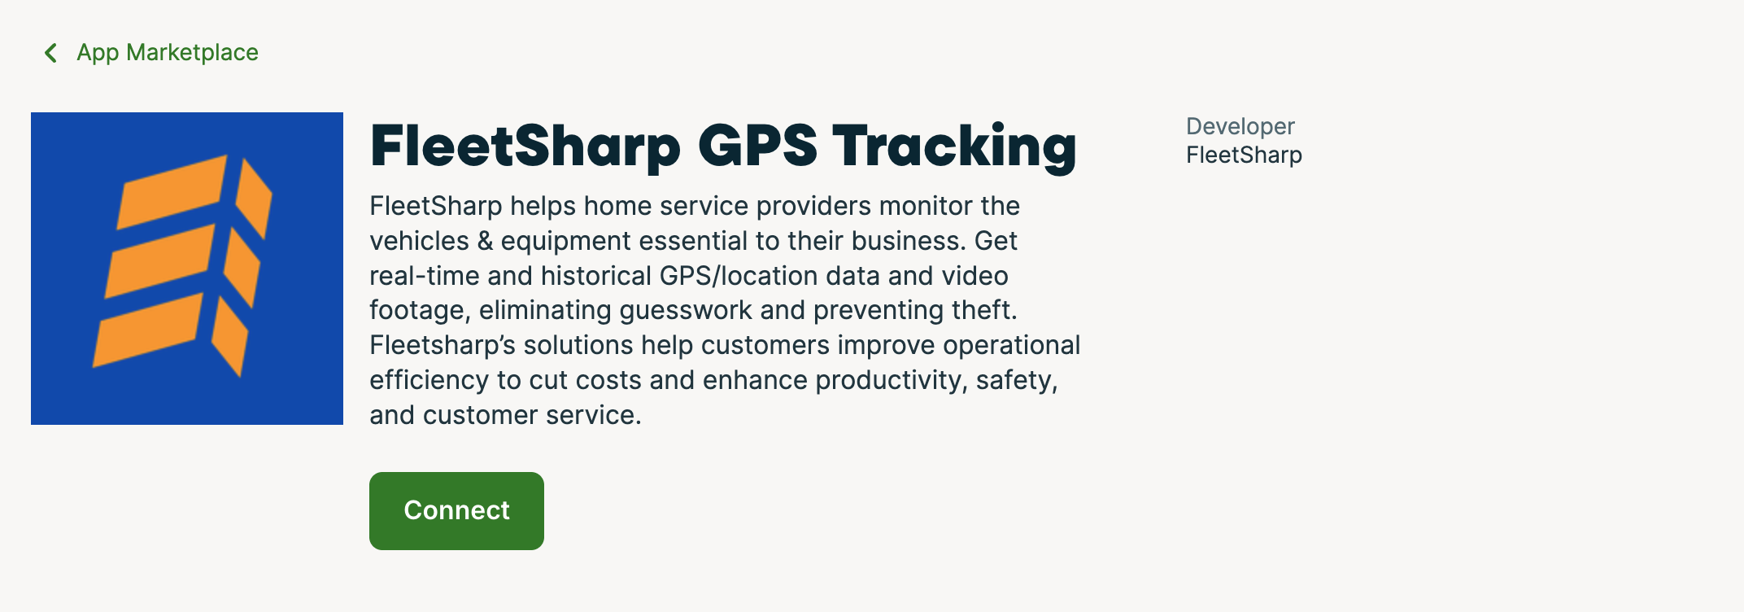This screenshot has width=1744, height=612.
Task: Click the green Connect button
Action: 456,511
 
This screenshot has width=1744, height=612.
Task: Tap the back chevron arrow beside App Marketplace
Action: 50,53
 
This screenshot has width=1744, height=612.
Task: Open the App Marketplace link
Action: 168,53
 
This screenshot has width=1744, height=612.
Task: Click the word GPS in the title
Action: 757,146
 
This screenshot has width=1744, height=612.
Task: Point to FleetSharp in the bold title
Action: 525,147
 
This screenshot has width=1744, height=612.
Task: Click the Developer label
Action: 1240,127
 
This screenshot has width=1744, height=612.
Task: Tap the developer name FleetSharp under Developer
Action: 1244,155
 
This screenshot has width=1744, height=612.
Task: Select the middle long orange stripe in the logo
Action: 160,260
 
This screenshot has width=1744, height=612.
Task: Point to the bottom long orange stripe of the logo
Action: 148,330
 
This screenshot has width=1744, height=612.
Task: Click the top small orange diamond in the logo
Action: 254,199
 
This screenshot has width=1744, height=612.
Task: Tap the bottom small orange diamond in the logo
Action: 230,336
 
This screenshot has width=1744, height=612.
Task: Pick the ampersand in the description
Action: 485,242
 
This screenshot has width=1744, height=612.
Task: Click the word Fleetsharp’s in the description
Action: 443,346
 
